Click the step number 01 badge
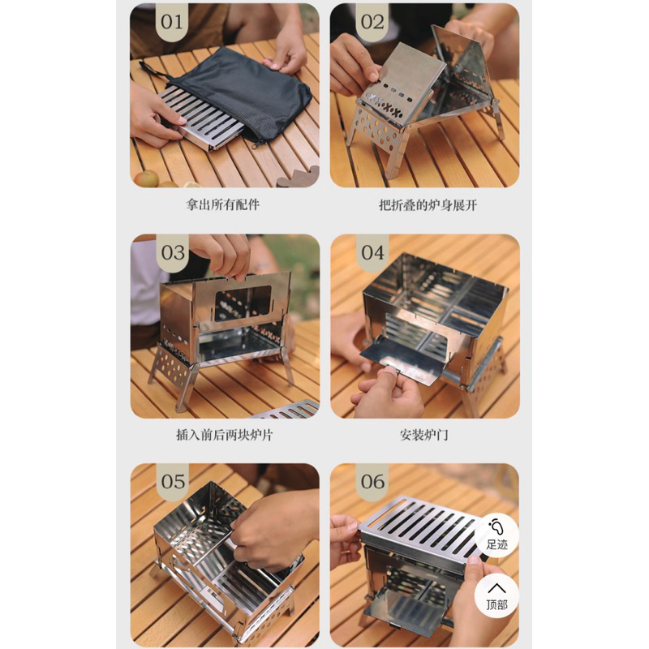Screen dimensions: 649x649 point(172,23)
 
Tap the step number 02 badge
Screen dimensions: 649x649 point(372,23)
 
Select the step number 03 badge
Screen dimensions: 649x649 point(173,252)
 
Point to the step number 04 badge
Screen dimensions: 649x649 point(372,252)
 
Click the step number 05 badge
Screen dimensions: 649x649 point(173,482)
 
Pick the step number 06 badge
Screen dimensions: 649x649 point(372,482)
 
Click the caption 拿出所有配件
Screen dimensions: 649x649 point(222,204)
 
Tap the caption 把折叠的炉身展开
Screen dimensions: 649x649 point(428,205)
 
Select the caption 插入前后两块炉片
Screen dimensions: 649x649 point(225,435)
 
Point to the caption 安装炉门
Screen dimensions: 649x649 point(423,435)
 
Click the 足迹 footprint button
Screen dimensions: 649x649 point(496,536)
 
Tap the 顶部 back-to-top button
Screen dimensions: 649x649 point(496,596)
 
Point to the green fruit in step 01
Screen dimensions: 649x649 point(146,178)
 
